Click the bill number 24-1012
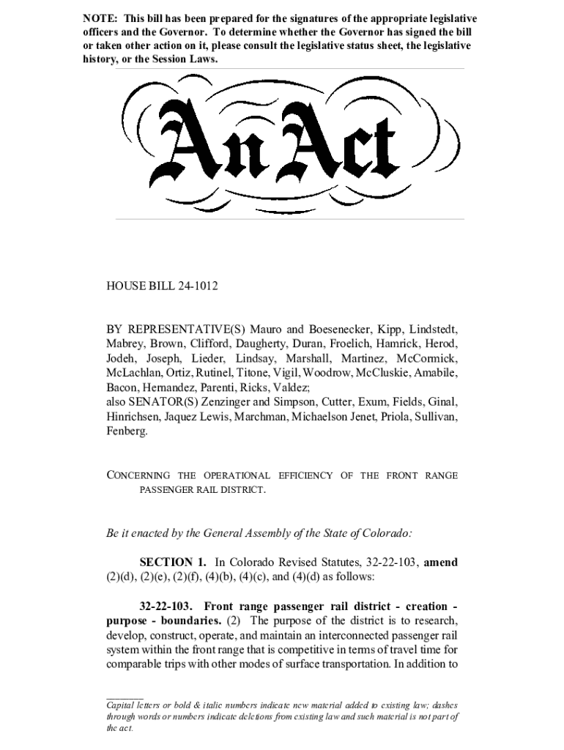point(197,286)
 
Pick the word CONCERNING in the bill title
point(138,475)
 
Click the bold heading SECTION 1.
point(172,562)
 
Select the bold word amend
point(441,562)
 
